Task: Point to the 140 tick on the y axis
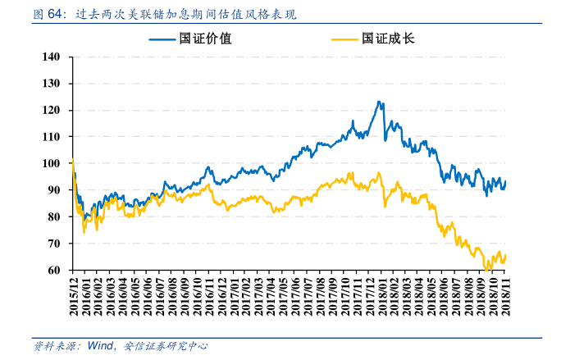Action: point(51,57)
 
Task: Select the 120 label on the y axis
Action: point(51,110)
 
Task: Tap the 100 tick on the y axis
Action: point(51,163)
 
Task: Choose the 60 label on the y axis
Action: point(54,270)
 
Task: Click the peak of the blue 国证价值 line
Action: point(378,102)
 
